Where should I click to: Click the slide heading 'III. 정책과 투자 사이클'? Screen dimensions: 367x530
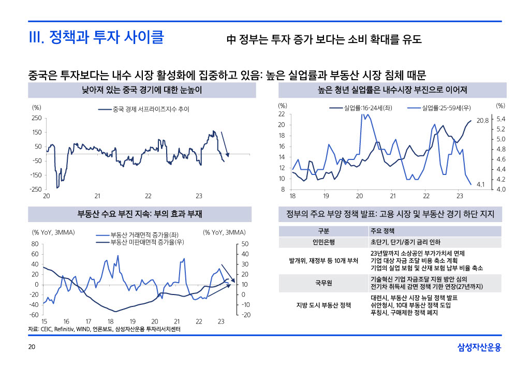(96, 38)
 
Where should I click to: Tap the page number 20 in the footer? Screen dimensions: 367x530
(32, 347)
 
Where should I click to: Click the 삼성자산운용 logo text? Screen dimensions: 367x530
(479, 347)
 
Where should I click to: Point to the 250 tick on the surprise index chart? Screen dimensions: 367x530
(37, 118)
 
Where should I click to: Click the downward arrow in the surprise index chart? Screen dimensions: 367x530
(225, 143)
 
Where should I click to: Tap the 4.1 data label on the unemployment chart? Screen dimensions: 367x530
(480, 184)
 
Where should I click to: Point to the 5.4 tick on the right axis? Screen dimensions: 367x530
(500, 119)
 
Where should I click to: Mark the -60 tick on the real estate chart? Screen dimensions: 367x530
(35, 315)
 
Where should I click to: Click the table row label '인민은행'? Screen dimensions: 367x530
(324, 242)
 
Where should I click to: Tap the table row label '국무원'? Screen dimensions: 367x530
(324, 283)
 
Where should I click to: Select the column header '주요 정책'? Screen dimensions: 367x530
(382, 230)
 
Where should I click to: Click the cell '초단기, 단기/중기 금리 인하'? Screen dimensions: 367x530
(405, 242)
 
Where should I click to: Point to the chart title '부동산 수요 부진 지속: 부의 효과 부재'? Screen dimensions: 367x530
(140, 214)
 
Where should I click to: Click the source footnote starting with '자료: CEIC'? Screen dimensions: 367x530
(101, 329)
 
